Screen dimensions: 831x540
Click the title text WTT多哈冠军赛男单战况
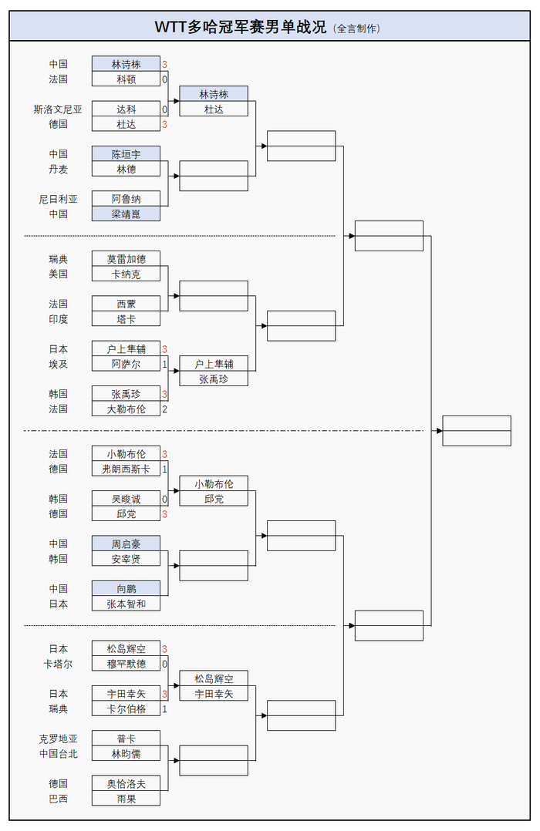click(x=241, y=27)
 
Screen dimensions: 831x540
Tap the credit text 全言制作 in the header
click(x=356, y=29)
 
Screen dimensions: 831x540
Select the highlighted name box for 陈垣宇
click(x=126, y=154)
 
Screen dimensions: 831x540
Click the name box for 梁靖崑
click(x=126, y=214)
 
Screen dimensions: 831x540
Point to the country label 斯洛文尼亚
click(x=58, y=109)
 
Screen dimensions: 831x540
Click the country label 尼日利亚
click(x=58, y=199)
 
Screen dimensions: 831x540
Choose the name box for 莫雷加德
click(x=126, y=259)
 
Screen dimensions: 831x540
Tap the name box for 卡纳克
click(x=126, y=274)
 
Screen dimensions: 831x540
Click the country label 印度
click(x=58, y=318)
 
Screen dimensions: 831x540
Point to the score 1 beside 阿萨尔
click(x=164, y=364)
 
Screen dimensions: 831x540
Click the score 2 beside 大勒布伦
click(x=164, y=409)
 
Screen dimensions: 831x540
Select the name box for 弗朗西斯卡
click(x=126, y=469)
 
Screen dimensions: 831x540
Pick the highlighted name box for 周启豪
click(x=126, y=543)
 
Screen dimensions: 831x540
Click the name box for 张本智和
click(x=126, y=604)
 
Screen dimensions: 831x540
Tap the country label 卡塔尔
click(x=58, y=664)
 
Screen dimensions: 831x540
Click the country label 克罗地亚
click(x=58, y=738)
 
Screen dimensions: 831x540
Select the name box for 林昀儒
click(x=126, y=753)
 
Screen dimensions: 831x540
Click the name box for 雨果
click(x=126, y=798)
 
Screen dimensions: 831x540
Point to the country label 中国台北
click(x=58, y=753)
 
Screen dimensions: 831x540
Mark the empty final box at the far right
click(x=476, y=430)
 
